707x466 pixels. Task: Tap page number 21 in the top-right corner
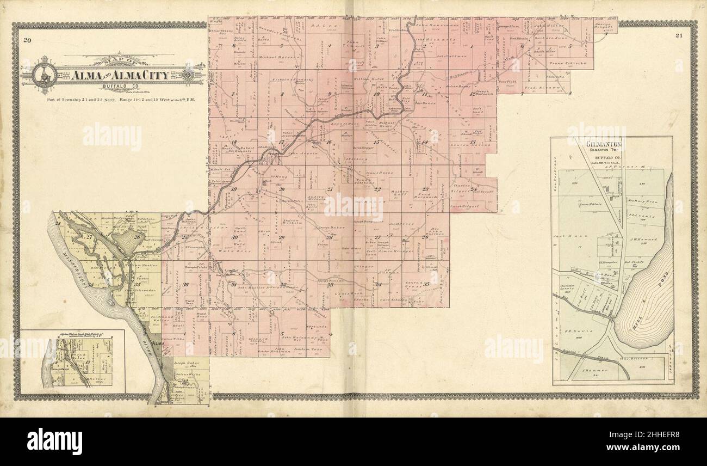coord(679,36)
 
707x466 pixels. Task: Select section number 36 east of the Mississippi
coord(185,285)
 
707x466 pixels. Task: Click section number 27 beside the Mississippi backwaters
coord(90,237)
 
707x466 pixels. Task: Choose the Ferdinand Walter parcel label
coord(162,318)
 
